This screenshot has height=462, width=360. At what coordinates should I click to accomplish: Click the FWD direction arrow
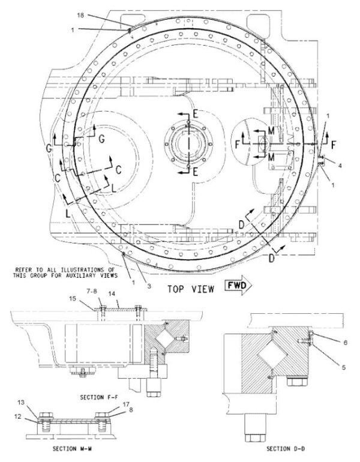(238, 285)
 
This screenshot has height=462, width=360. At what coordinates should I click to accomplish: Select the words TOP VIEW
(191, 289)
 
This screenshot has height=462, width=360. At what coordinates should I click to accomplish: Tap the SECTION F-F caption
(99, 397)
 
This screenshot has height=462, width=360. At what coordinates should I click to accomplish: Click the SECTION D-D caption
(286, 449)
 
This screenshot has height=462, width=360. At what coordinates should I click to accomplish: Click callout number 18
(80, 15)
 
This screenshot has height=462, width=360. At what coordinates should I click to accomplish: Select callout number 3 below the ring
(149, 286)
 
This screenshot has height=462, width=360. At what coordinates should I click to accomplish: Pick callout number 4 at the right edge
(340, 166)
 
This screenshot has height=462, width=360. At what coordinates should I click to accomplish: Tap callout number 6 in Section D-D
(345, 343)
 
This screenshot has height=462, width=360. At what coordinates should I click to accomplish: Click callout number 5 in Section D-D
(344, 367)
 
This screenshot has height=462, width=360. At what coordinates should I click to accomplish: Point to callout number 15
(73, 298)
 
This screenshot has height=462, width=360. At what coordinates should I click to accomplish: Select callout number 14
(112, 294)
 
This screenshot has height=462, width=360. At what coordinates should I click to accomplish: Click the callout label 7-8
(94, 292)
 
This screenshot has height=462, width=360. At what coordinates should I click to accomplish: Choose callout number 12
(18, 416)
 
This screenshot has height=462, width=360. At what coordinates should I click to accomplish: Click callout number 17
(126, 404)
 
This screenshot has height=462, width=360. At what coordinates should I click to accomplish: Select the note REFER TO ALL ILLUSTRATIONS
(65, 272)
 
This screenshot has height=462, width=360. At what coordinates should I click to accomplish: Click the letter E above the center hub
(196, 113)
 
